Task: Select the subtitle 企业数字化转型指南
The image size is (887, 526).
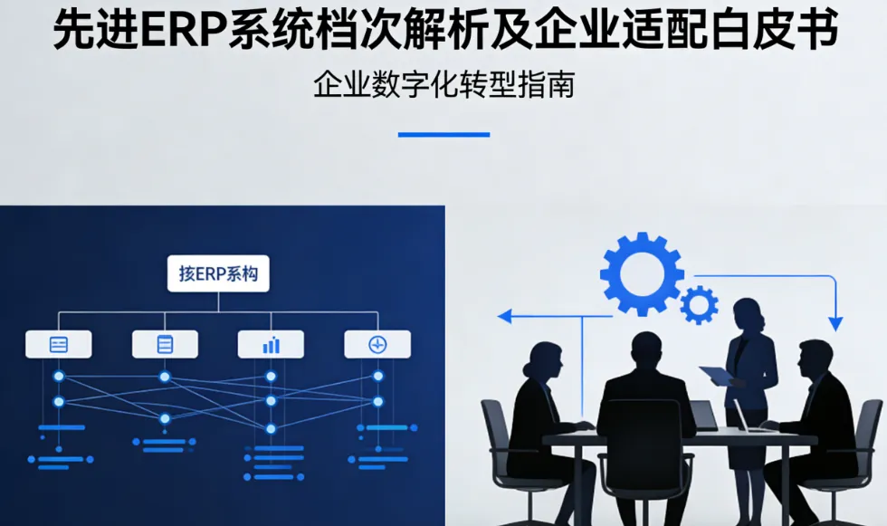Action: [x=443, y=85]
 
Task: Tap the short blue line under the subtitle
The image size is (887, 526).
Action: [x=443, y=134]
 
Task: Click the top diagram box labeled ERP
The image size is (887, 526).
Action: [x=218, y=273]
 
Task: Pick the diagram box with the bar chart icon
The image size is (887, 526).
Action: [x=271, y=344]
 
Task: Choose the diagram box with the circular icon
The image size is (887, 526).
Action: [x=377, y=344]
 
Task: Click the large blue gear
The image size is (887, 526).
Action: [x=642, y=273]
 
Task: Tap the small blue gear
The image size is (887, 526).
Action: [x=699, y=305]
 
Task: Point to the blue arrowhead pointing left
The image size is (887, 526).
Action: [x=505, y=316]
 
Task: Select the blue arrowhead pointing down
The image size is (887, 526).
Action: [x=835, y=322]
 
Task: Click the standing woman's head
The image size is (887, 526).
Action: [x=750, y=314]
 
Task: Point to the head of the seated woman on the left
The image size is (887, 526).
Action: [x=546, y=361]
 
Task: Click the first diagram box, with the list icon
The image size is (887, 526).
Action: [x=59, y=344]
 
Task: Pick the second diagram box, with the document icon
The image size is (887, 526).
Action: [x=165, y=344]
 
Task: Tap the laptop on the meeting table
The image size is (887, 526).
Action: [x=704, y=416]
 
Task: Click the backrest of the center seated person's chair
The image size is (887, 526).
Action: [x=644, y=444]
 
